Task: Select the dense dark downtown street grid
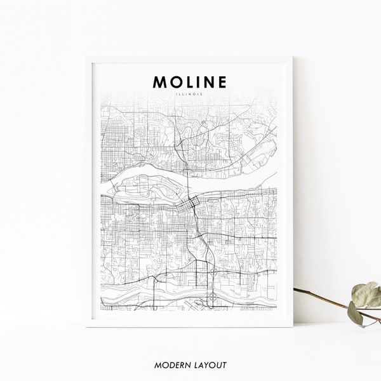[188, 206]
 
